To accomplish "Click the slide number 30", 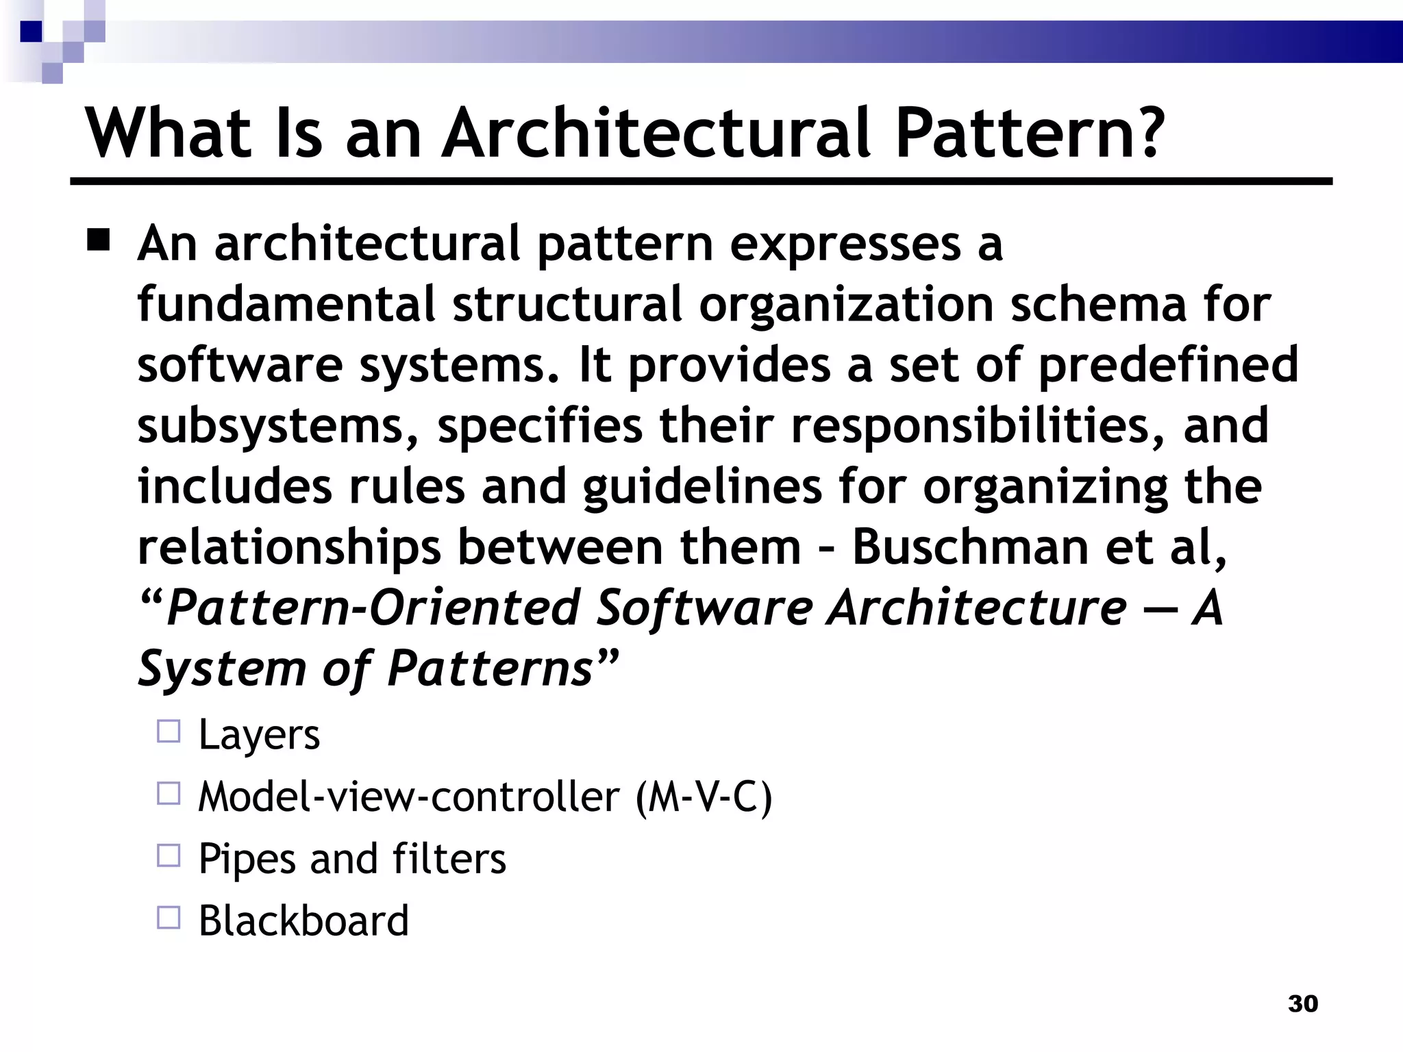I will (1303, 1003).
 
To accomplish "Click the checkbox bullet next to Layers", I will (169, 732).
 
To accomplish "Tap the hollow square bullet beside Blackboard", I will (169, 918).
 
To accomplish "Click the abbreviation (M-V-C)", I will (704, 797).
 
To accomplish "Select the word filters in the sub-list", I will (449, 858).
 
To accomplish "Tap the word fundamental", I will (286, 304).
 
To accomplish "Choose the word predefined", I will (1168, 365).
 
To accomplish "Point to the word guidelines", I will (703, 487).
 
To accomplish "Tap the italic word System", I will (221, 668).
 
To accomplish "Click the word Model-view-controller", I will (408, 797).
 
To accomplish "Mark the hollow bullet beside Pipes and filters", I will (169, 856).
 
